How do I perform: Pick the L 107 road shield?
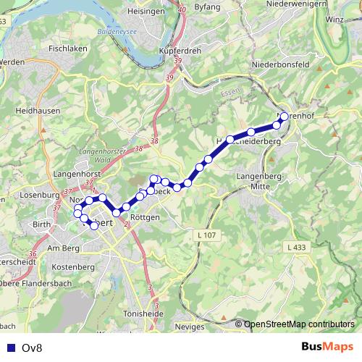tap(206, 235)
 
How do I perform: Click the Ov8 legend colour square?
tap(10, 348)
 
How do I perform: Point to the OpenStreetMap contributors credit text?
tap(298, 324)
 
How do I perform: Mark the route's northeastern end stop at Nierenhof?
tap(284, 117)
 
